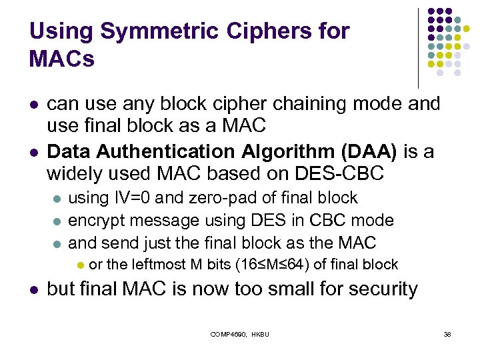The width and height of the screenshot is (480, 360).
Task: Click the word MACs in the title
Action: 62,59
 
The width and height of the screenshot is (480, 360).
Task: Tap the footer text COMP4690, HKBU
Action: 239,334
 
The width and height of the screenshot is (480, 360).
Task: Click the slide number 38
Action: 447,334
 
